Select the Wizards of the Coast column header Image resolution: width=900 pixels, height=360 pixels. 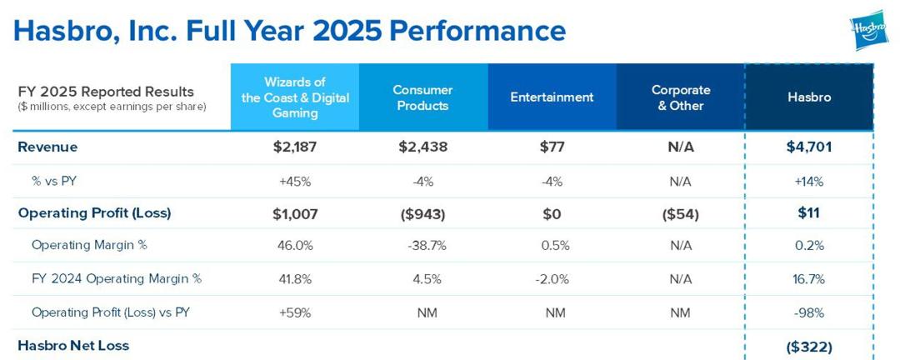point(295,97)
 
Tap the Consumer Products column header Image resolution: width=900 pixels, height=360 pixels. point(422,97)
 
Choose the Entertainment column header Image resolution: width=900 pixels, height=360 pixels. point(552,97)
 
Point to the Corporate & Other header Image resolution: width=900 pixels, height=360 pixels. point(681,97)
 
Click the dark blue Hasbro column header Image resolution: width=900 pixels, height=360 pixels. point(809,97)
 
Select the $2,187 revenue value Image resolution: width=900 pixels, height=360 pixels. point(295,147)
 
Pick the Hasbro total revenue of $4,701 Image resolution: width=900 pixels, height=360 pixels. point(809,147)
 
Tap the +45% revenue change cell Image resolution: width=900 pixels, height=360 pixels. point(295,181)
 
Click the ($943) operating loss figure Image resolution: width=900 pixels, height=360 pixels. point(422,213)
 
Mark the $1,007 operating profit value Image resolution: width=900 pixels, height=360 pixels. point(295,213)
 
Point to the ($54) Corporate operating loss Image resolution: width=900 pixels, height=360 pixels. point(681,213)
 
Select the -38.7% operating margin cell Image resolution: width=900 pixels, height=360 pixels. point(422,246)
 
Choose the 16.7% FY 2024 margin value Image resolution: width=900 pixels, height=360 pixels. point(809,279)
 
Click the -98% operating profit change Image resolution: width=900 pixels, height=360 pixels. point(809,312)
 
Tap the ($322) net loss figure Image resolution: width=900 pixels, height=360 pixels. point(809,345)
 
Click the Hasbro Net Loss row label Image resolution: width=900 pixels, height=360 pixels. point(73,345)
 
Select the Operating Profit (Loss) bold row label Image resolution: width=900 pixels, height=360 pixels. point(94,213)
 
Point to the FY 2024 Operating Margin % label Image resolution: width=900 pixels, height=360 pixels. point(117,279)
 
